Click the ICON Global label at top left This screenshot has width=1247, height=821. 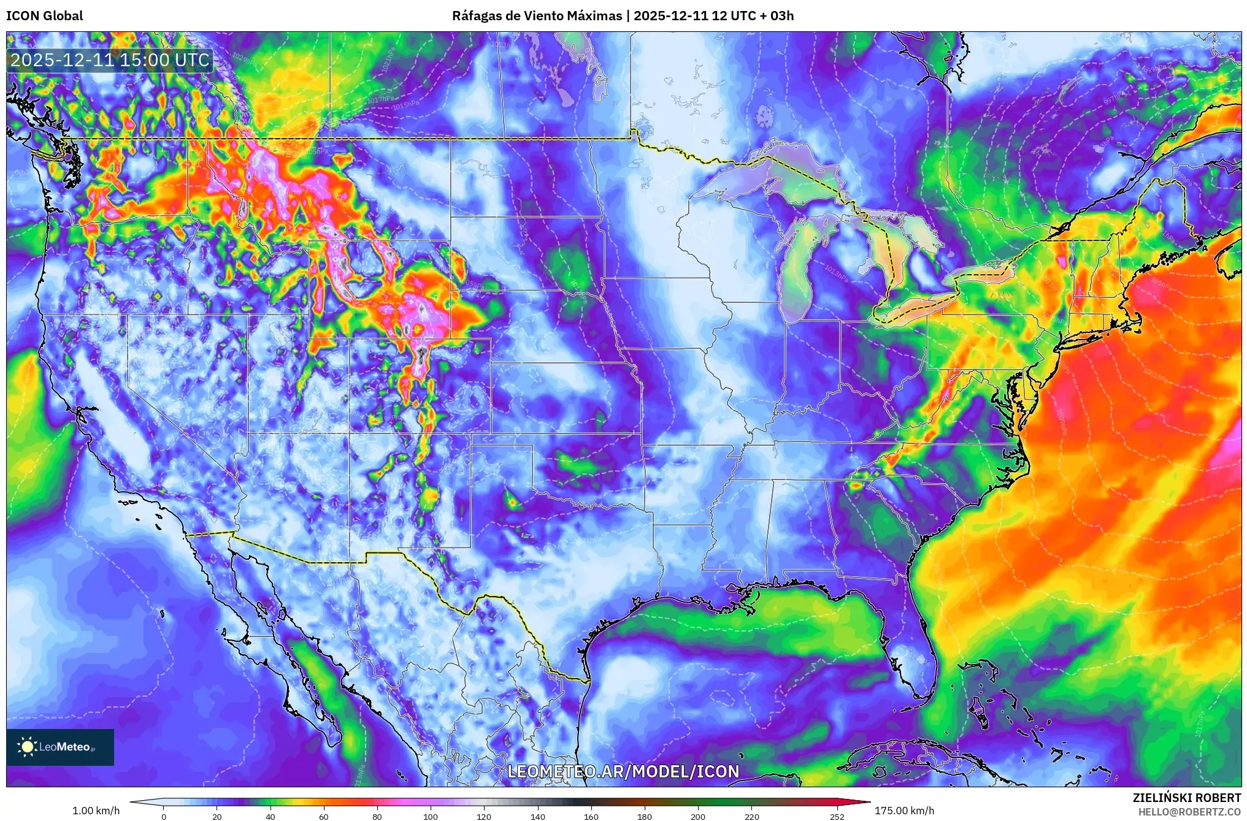tap(44, 16)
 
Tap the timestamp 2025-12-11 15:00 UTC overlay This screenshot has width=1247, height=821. tap(110, 60)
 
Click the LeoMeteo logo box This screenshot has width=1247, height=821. tap(60, 747)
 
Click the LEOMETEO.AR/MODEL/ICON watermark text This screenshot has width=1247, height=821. tap(623, 771)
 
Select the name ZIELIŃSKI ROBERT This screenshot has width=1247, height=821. tap(1186, 798)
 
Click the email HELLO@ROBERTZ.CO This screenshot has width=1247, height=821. tap(1189, 812)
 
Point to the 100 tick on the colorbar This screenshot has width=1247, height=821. tap(431, 817)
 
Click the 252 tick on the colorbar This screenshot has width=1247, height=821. tap(837, 817)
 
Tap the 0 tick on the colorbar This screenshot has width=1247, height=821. tap(163, 817)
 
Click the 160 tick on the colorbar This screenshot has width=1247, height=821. tap(591, 817)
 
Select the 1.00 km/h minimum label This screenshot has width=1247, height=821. tap(96, 811)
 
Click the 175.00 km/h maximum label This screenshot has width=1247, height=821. tap(904, 811)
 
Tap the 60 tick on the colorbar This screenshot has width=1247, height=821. tap(324, 817)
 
